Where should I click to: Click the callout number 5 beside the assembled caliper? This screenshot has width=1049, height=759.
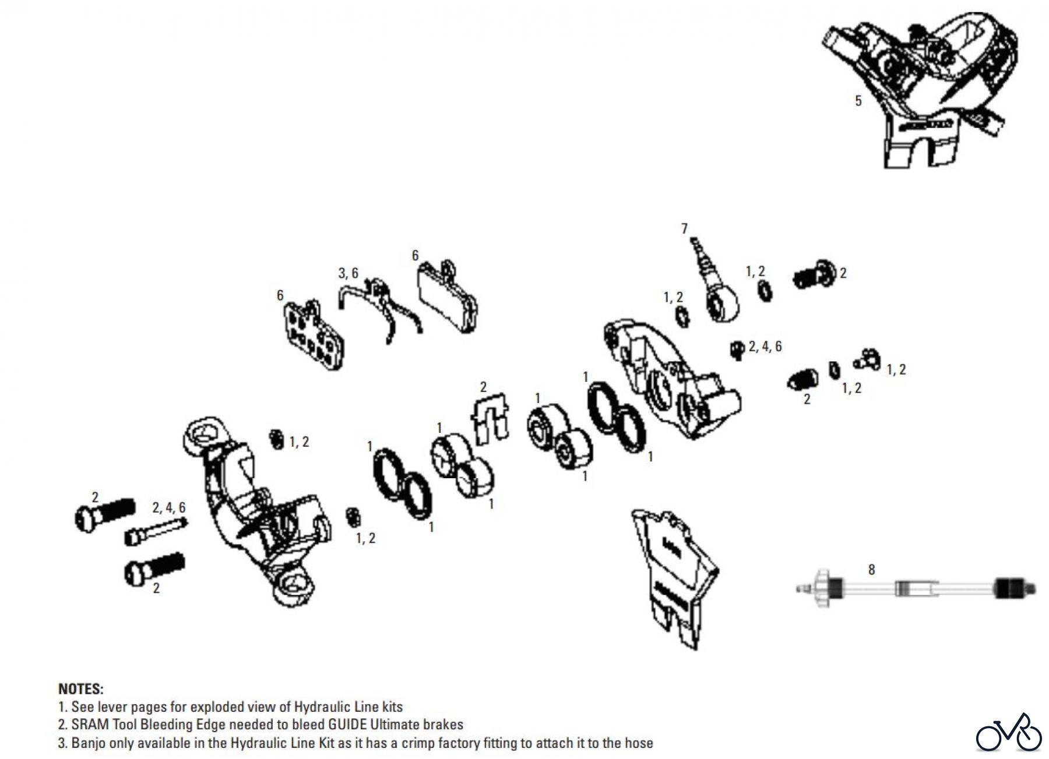[858, 101]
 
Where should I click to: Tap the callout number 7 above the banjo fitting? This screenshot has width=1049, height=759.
[685, 228]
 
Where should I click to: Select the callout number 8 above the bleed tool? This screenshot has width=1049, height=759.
[871, 569]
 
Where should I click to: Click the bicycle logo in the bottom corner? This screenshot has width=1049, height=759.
[1008, 733]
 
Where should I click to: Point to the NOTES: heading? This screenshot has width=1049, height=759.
[80, 689]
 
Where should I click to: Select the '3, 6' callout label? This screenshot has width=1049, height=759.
[349, 273]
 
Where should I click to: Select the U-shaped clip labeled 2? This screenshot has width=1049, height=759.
[490, 416]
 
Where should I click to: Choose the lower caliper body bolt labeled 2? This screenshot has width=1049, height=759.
[154, 569]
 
